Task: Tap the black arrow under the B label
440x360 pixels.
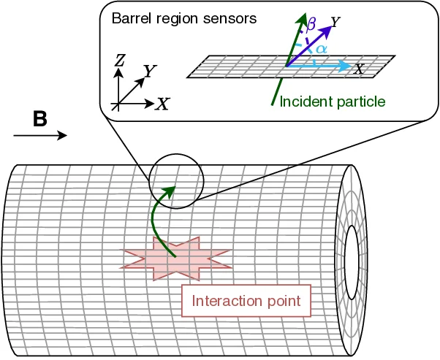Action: coord(41,136)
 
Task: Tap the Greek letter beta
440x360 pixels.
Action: coord(311,26)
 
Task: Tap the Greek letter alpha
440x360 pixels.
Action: coord(321,48)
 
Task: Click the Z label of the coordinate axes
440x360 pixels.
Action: coord(119,61)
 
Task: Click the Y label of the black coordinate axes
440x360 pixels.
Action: coord(150,71)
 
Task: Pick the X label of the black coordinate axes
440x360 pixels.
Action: coord(162,104)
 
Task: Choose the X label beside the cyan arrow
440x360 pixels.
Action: coord(359,69)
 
